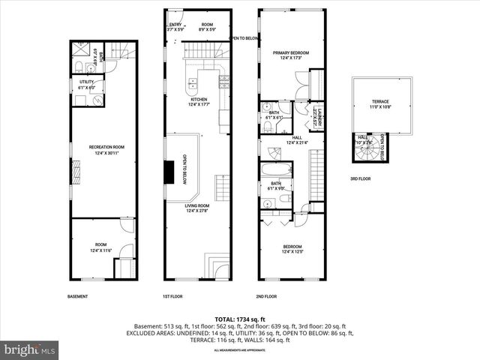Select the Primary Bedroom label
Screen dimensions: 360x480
click(292, 55)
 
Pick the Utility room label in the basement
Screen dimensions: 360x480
click(86, 83)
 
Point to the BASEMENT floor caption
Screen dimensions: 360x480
click(78, 296)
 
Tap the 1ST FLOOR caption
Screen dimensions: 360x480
click(172, 296)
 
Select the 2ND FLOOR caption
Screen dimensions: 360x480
click(268, 296)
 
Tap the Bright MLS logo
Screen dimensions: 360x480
click(30, 349)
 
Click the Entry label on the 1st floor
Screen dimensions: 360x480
click(175, 26)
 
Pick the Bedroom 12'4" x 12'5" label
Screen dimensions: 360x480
click(292, 249)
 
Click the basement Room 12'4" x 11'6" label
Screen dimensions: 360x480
click(101, 248)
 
